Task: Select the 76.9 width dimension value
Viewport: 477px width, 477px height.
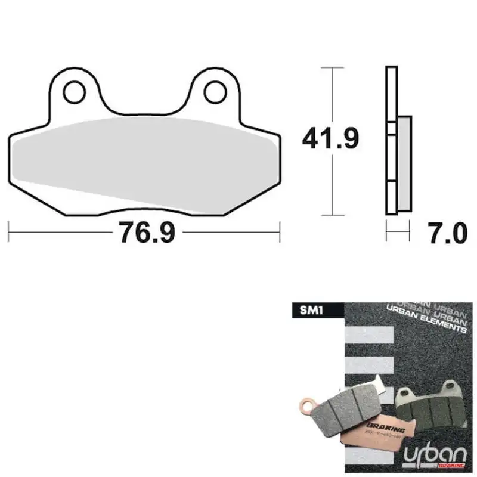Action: tap(147, 231)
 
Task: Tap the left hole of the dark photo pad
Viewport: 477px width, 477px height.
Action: tap(409, 393)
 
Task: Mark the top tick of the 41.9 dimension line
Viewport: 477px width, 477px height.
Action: tap(332, 68)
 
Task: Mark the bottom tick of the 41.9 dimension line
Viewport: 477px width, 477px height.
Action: tap(332, 215)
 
